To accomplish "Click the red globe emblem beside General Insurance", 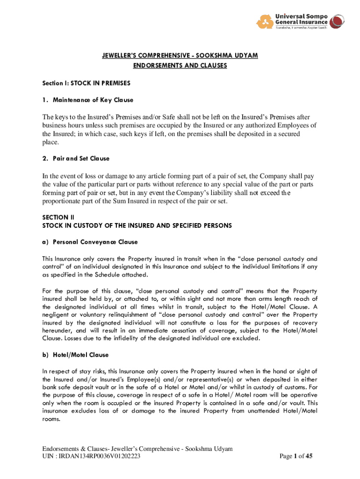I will point(337,21).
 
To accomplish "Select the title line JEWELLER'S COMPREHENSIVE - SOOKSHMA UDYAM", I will point(180,56).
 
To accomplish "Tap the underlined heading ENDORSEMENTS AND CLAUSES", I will point(180,65).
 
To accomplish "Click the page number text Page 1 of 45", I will point(295,457).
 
